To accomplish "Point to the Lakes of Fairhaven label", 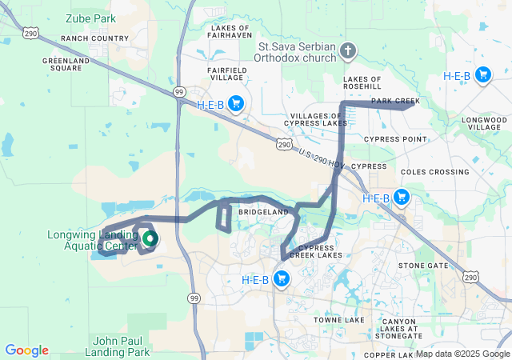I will [x=230, y=31].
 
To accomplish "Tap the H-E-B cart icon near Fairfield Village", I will [x=236, y=103].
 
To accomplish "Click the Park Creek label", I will [x=395, y=101].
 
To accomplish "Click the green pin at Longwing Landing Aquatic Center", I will [x=150, y=238].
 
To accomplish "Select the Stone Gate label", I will [x=423, y=265].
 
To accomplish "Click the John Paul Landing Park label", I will [x=122, y=346].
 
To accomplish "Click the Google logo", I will [x=26, y=350].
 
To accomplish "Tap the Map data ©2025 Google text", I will [x=462, y=354].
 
